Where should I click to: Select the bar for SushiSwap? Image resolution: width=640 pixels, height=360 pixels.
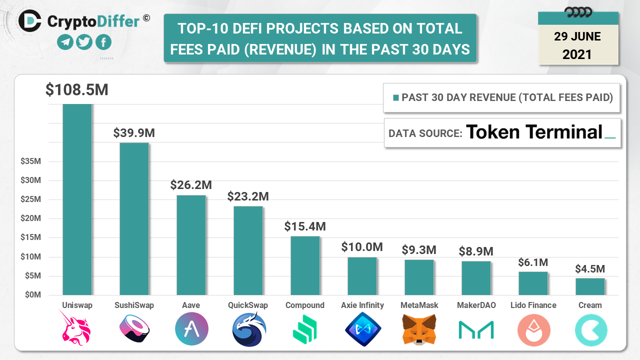point(134,218)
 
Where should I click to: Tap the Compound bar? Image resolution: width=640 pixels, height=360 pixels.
point(305,265)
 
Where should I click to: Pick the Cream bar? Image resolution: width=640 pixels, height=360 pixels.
point(590,286)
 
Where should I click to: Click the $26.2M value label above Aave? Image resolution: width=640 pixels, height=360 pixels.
point(191,185)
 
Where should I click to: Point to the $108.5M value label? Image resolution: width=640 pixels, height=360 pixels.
point(76,90)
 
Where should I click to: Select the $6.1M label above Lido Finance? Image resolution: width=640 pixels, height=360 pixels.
point(533,262)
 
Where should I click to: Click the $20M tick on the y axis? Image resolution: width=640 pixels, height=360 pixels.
point(30,218)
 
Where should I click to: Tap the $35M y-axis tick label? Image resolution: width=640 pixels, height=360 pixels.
point(30,161)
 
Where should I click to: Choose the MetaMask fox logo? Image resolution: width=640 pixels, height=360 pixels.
point(419,329)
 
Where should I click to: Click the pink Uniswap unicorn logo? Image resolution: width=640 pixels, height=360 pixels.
point(77,328)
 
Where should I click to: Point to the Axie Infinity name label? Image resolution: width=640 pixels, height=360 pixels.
point(362,305)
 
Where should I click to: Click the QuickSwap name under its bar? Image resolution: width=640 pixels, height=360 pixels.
point(248,305)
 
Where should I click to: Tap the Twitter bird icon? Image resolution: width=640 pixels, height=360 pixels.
point(84,42)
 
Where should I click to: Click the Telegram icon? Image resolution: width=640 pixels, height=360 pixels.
point(65,42)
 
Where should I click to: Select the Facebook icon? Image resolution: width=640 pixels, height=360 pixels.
point(103,42)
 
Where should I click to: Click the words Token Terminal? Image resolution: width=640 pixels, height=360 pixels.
point(534,132)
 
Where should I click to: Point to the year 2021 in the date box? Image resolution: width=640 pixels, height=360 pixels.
point(577,54)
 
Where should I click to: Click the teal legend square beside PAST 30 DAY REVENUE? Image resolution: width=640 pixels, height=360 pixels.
point(396,97)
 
